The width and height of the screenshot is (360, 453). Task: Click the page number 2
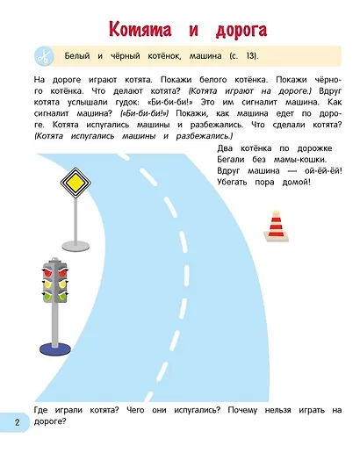[16, 423]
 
